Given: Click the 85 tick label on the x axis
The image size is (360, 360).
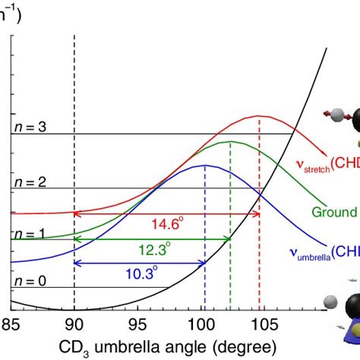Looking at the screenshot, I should (x=11, y=323).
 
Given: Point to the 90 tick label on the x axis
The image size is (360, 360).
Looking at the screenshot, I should (x=74, y=323).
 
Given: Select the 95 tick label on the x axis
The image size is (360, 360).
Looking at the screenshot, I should (x=137, y=323).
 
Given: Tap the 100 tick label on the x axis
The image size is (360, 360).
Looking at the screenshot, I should (x=202, y=323).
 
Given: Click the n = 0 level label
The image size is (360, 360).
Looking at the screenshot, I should (x=28, y=280).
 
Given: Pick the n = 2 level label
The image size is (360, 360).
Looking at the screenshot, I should (x=28, y=181).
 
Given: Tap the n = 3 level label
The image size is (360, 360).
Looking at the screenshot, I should (x=28, y=127).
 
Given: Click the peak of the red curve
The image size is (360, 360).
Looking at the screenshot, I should (x=260, y=116).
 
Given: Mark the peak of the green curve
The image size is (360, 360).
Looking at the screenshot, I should (x=230, y=141).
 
